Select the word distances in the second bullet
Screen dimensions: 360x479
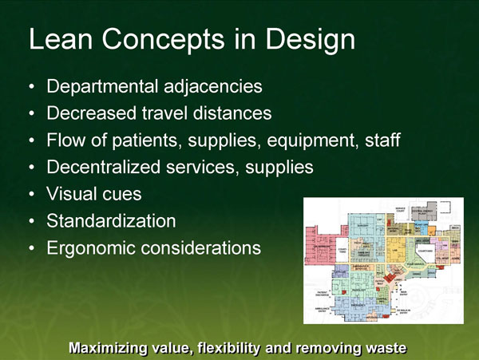(x=234, y=113)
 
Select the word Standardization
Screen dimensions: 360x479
(x=110, y=222)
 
